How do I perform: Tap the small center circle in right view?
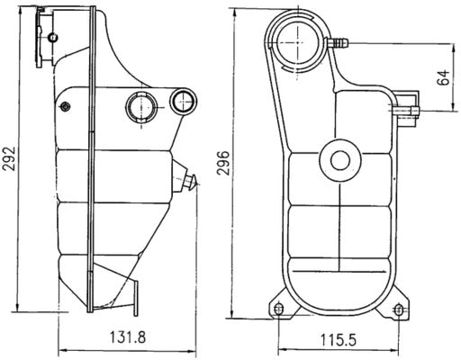click(339, 160)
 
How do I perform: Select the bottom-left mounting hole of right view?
click(278, 310)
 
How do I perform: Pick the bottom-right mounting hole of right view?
click(399, 310)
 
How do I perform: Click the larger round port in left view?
click(141, 106)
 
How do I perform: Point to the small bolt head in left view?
click(64, 108)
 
